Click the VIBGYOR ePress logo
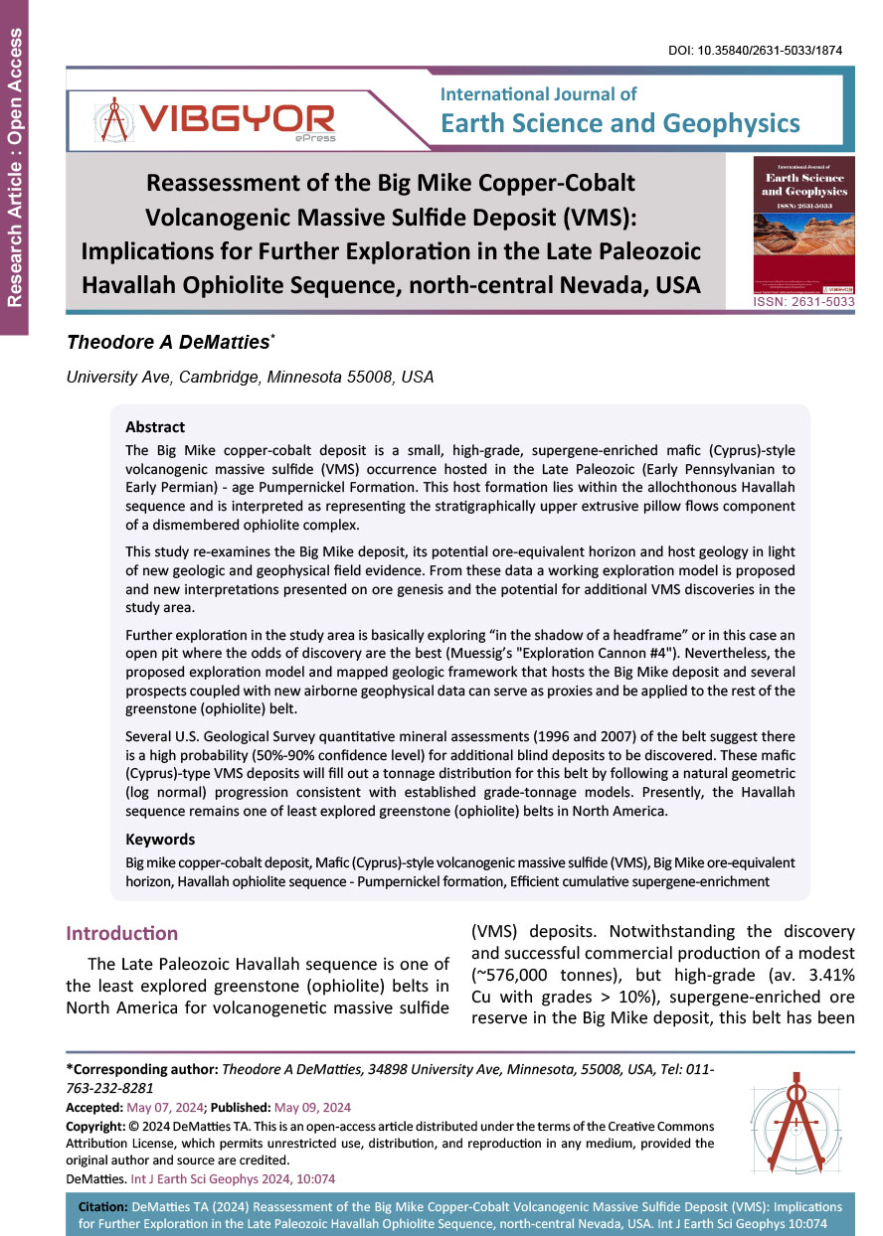[x=215, y=122]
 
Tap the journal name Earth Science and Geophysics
[x=619, y=122]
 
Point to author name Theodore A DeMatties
[x=170, y=343]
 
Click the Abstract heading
[x=155, y=427]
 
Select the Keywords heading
[x=160, y=840]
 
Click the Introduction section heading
[x=121, y=933]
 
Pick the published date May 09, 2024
[x=311, y=1107]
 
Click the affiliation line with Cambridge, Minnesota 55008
[x=250, y=378]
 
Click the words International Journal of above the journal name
[x=538, y=94]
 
